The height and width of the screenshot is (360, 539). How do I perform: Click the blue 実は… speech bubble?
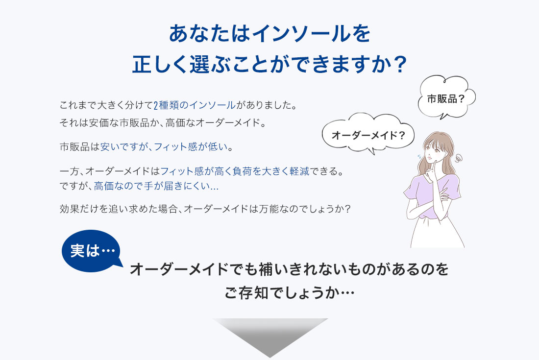(91, 251)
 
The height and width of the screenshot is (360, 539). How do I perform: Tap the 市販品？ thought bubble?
(446, 97)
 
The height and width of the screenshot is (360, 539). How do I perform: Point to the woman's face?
(434, 149)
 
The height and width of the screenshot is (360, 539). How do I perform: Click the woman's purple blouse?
(433, 196)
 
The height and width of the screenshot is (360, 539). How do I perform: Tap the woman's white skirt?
(437, 233)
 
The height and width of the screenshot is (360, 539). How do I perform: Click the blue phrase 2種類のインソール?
(194, 105)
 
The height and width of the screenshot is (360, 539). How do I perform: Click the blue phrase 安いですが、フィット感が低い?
(164, 147)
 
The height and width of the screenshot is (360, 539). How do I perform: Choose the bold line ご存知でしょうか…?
(290, 293)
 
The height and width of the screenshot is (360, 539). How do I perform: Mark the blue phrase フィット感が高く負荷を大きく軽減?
(235, 171)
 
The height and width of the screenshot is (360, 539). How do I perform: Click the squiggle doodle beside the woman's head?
(458, 158)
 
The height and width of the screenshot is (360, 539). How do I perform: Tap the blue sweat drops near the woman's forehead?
(420, 157)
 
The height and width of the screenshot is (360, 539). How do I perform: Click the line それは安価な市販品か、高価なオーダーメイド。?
(163, 123)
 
